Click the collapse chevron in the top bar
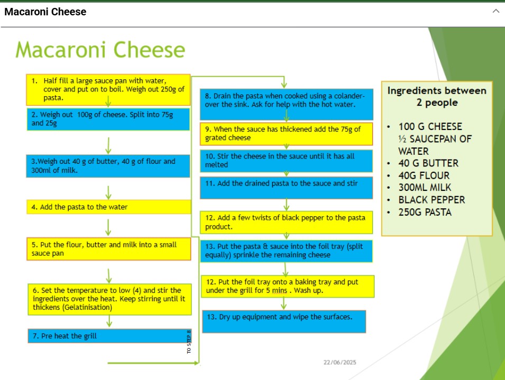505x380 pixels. [495, 11]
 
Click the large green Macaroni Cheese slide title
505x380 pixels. [100, 50]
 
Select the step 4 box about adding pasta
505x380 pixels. [108, 207]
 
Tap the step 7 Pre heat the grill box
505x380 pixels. [109, 336]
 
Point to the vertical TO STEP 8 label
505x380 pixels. [189, 342]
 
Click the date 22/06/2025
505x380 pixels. [340, 363]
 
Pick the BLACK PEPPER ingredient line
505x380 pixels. [431, 200]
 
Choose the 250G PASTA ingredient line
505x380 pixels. [425, 212]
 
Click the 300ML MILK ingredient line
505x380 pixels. [425, 187]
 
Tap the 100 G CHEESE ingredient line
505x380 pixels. [430, 126]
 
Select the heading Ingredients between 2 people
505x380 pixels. [437, 96]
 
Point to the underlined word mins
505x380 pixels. [279, 291]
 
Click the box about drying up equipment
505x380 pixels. [284, 321]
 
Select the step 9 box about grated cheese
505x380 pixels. [286, 134]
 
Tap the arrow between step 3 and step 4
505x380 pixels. [108, 192]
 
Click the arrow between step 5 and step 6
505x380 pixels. [109, 276]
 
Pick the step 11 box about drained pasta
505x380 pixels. [286, 188]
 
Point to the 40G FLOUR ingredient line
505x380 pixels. [424, 175]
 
